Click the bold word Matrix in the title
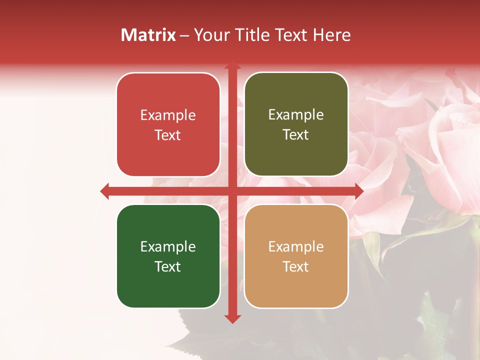pos(148,35)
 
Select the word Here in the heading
pos(331,35)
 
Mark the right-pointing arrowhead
pos(358,191)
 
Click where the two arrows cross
pos(232,191)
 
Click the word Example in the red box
pos(168,115)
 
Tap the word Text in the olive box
pos(296,135)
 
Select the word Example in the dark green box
pos(168,246)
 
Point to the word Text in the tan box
pos(296,266)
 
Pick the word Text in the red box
pos(168,135)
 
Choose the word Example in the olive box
pos(296,115)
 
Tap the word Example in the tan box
pos(296,246)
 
